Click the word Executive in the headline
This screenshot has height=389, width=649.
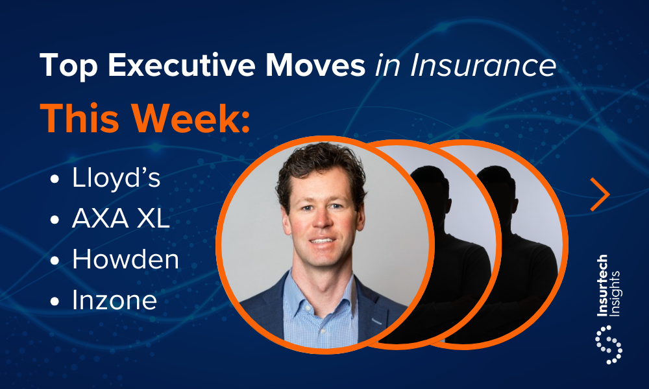[x=181, y=65]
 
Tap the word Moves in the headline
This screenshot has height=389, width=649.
[x=315, y=65]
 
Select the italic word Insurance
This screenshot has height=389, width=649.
[x=483, y=65]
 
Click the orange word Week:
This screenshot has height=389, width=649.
[x=191, y=118]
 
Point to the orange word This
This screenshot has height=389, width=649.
[x=79, y=118]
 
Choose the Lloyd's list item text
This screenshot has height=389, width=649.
[x=116, y=178]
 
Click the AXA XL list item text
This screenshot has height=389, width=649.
[x=121, y=218]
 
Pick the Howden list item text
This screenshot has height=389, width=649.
[x=125, y=259]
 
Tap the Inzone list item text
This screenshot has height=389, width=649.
[x=115, y=300]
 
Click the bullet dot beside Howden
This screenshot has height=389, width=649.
[x=55, y=261]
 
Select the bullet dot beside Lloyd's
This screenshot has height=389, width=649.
[x=55, y=180]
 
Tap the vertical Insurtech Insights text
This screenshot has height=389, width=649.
[x=608, y=286]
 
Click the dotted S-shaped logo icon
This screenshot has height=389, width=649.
[x=609, y=345]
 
